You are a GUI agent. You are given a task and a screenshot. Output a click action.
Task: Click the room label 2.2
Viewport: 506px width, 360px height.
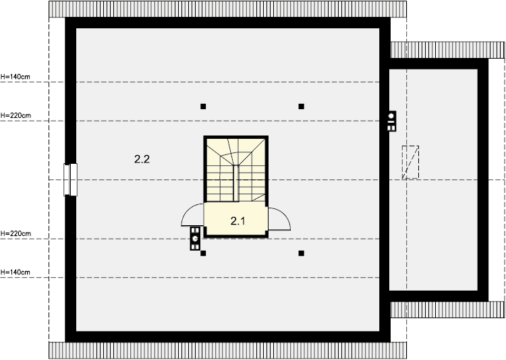coord(142,159)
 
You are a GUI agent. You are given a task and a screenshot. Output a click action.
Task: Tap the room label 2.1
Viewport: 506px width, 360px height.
coord(238,221)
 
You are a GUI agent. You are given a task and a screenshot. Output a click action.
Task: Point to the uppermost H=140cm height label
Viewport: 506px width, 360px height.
coord(15,77)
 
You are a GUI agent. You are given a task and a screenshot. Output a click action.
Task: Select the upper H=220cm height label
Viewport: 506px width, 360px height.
coord(16,115)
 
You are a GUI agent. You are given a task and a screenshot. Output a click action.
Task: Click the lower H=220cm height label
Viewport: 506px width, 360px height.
coord(16,233)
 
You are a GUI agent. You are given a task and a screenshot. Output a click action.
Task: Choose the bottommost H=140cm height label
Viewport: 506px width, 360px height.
coord(15,272)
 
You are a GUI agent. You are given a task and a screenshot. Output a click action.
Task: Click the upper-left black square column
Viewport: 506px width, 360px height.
coord(203,107)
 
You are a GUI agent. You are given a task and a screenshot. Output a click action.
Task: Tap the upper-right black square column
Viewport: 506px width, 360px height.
coord(301,107)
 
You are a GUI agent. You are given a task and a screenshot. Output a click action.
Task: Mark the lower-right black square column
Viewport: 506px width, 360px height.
coord(301,253)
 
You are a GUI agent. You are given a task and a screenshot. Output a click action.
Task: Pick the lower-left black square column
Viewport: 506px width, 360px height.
coord(203,253)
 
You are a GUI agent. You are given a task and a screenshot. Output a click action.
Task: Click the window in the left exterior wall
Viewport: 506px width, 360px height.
coord(70,180)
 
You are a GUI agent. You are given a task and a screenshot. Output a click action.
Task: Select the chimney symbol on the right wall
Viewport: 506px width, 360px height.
coord(391,121)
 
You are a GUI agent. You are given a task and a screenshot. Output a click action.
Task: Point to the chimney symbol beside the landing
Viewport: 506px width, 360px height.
coord(195,239)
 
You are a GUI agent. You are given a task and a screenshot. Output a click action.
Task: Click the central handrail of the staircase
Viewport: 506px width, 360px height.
coord(236,183)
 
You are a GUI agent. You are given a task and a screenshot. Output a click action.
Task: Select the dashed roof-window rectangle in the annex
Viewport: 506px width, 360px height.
coord(410,162)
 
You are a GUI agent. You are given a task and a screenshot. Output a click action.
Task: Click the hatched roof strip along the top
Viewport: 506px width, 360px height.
coord(228,9)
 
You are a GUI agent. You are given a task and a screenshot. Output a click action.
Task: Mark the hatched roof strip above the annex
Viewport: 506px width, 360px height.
coord(447,50)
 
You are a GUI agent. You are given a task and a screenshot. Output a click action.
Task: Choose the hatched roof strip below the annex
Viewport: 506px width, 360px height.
coord(447,309)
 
